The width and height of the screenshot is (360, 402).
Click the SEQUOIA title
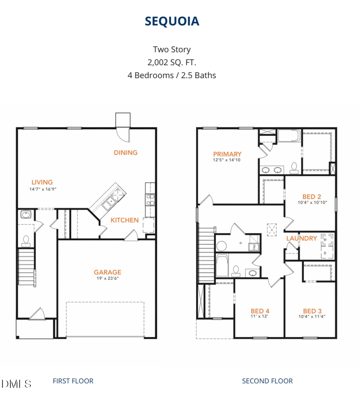[x=172, y=21]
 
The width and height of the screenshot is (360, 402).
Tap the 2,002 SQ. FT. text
[x=172, y=62]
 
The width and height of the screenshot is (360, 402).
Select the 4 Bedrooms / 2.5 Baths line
[x=172, y=75]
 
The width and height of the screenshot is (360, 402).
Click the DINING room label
[x=125, y=152]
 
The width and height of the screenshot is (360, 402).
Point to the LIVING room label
[x=42, y=182]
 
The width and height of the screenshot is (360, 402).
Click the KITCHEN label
[x=124, y=220]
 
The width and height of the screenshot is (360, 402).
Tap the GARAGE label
[x=107, y=272]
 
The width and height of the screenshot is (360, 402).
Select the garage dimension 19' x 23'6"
[x=107, y=278]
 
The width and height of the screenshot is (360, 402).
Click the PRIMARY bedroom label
[x=227, y=154]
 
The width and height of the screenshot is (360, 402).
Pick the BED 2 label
[x=312, y=196]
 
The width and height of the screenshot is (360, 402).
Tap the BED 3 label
[x=312, y=311]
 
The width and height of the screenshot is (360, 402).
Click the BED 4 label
[x=260, y=311]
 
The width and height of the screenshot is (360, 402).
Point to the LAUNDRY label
[x=301, y=238]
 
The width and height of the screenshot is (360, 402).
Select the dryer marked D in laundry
[x=325, y=253]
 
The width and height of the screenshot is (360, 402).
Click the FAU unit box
[x=254, y=247]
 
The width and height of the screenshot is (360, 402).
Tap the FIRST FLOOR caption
[x=73, y=381]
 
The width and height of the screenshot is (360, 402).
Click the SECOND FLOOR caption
[x=267, y=381]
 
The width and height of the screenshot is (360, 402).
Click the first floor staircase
[x=26, y=267]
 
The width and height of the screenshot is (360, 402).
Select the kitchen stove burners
[x=150, y=199]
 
